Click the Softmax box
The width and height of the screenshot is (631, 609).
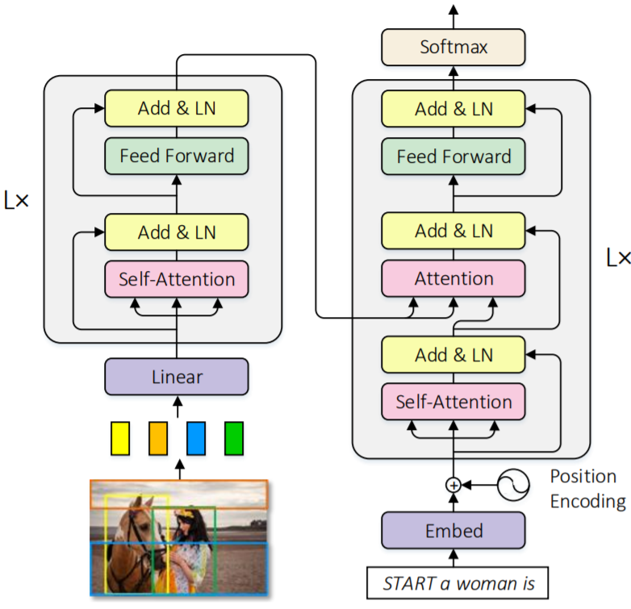tap(453, 48)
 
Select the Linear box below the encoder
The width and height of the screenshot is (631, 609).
tap(177, 377)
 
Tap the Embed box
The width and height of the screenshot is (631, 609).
tap(453, 531)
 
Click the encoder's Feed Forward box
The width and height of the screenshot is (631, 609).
tap(177, 156)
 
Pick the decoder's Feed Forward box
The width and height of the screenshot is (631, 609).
tap(453, 156)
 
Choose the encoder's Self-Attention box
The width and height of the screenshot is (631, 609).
tap(177, 280)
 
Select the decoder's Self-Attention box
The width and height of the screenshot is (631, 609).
tap(453, 401)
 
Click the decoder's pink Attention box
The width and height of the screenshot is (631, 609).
tap(453, 278)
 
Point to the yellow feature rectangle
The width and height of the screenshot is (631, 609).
tap(120, 437)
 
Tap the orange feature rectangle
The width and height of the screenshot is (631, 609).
tap(157, 437)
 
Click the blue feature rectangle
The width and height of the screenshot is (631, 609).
tap(196, 437)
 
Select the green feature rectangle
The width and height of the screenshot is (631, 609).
tap(233, 437)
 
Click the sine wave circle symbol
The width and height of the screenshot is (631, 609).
tap(512, 485)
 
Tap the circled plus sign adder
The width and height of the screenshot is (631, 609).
tap(453, 485)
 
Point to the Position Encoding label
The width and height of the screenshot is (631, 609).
tap(587, 488)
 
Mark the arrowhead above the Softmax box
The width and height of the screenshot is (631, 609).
tap(453, 10)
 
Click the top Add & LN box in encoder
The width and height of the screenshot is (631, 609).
tap(177, 108)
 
